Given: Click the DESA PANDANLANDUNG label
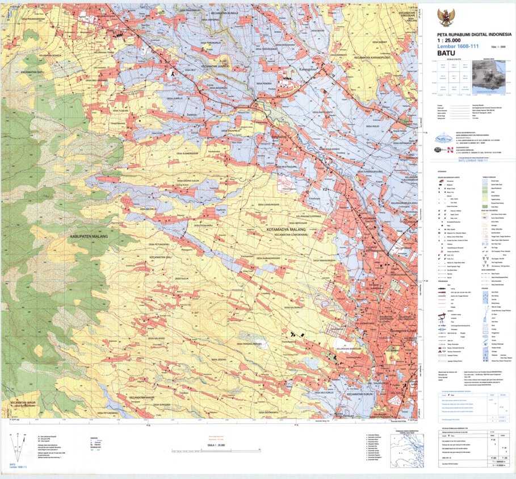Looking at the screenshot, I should pos(250,344).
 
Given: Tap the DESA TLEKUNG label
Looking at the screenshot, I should pos(116,111).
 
